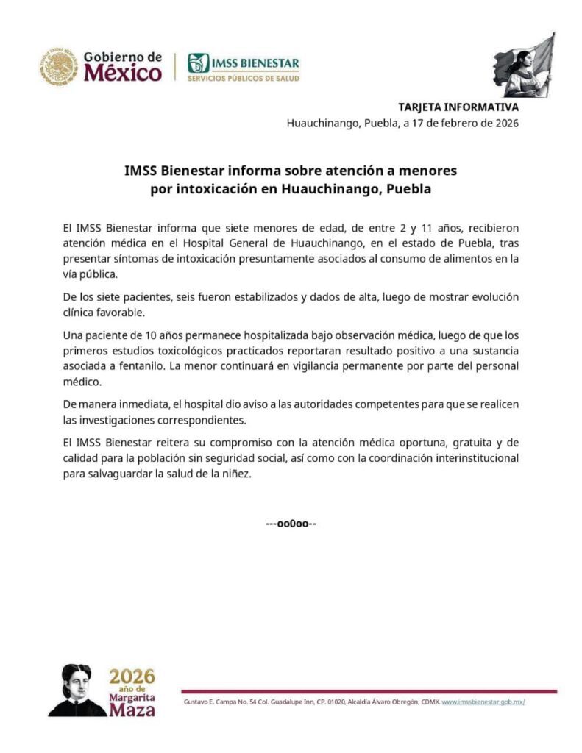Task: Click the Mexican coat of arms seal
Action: [59, 66]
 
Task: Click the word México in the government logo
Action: [123, 74]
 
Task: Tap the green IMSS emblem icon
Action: [198, 63]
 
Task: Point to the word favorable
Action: [122, 312]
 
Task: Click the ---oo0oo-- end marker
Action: [291, 524]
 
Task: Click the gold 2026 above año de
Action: [132, 676]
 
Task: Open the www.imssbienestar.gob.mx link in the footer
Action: [483, 702]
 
